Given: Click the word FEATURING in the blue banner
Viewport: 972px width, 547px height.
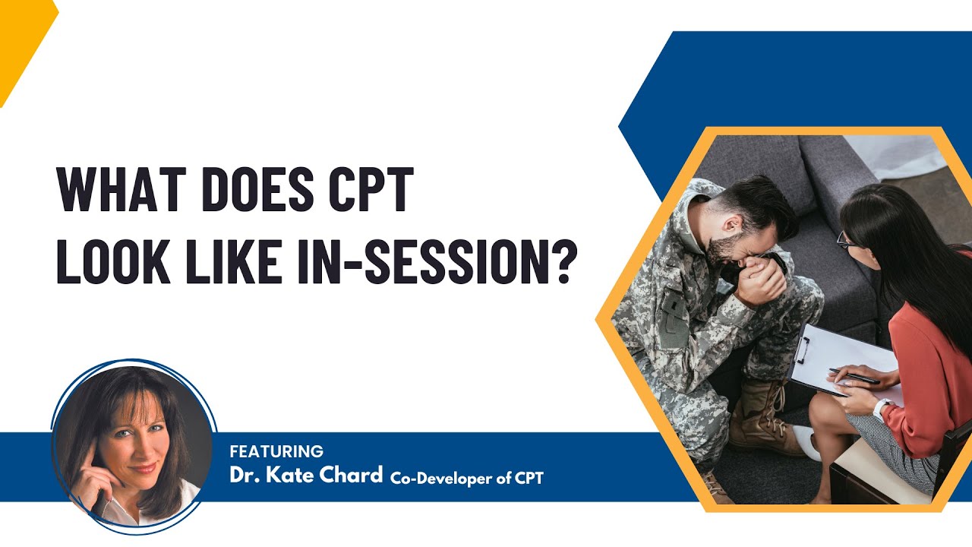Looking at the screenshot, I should pos(276,451).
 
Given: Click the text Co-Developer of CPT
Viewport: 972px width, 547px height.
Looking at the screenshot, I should pos(467,478).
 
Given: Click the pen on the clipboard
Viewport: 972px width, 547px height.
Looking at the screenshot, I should pos(854,375).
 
